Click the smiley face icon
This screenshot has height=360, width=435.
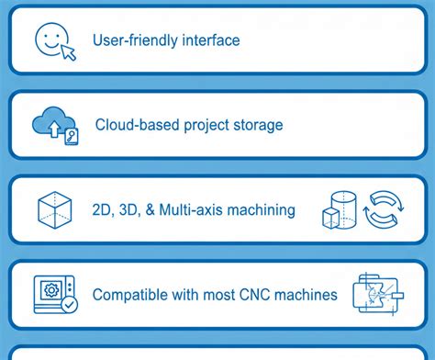tap(51, 39)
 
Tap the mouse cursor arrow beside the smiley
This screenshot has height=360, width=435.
tap(69, 52)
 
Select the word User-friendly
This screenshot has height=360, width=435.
tap(135, 40)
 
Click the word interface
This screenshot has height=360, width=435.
tap(211, 40)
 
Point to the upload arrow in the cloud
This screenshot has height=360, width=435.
tap(54, 129)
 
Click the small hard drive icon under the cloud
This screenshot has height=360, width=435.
tap(72, 137)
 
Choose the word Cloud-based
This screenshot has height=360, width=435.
tap(137, 125)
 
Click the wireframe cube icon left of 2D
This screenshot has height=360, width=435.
tap(55, 210)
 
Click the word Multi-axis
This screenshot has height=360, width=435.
tap(192, 209)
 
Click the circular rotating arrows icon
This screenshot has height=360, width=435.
tap(384, 209)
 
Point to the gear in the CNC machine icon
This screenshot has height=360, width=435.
tap(51, 290)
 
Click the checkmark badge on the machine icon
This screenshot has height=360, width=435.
tap(70, 305)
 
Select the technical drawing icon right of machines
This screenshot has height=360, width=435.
tap(378, 294)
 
